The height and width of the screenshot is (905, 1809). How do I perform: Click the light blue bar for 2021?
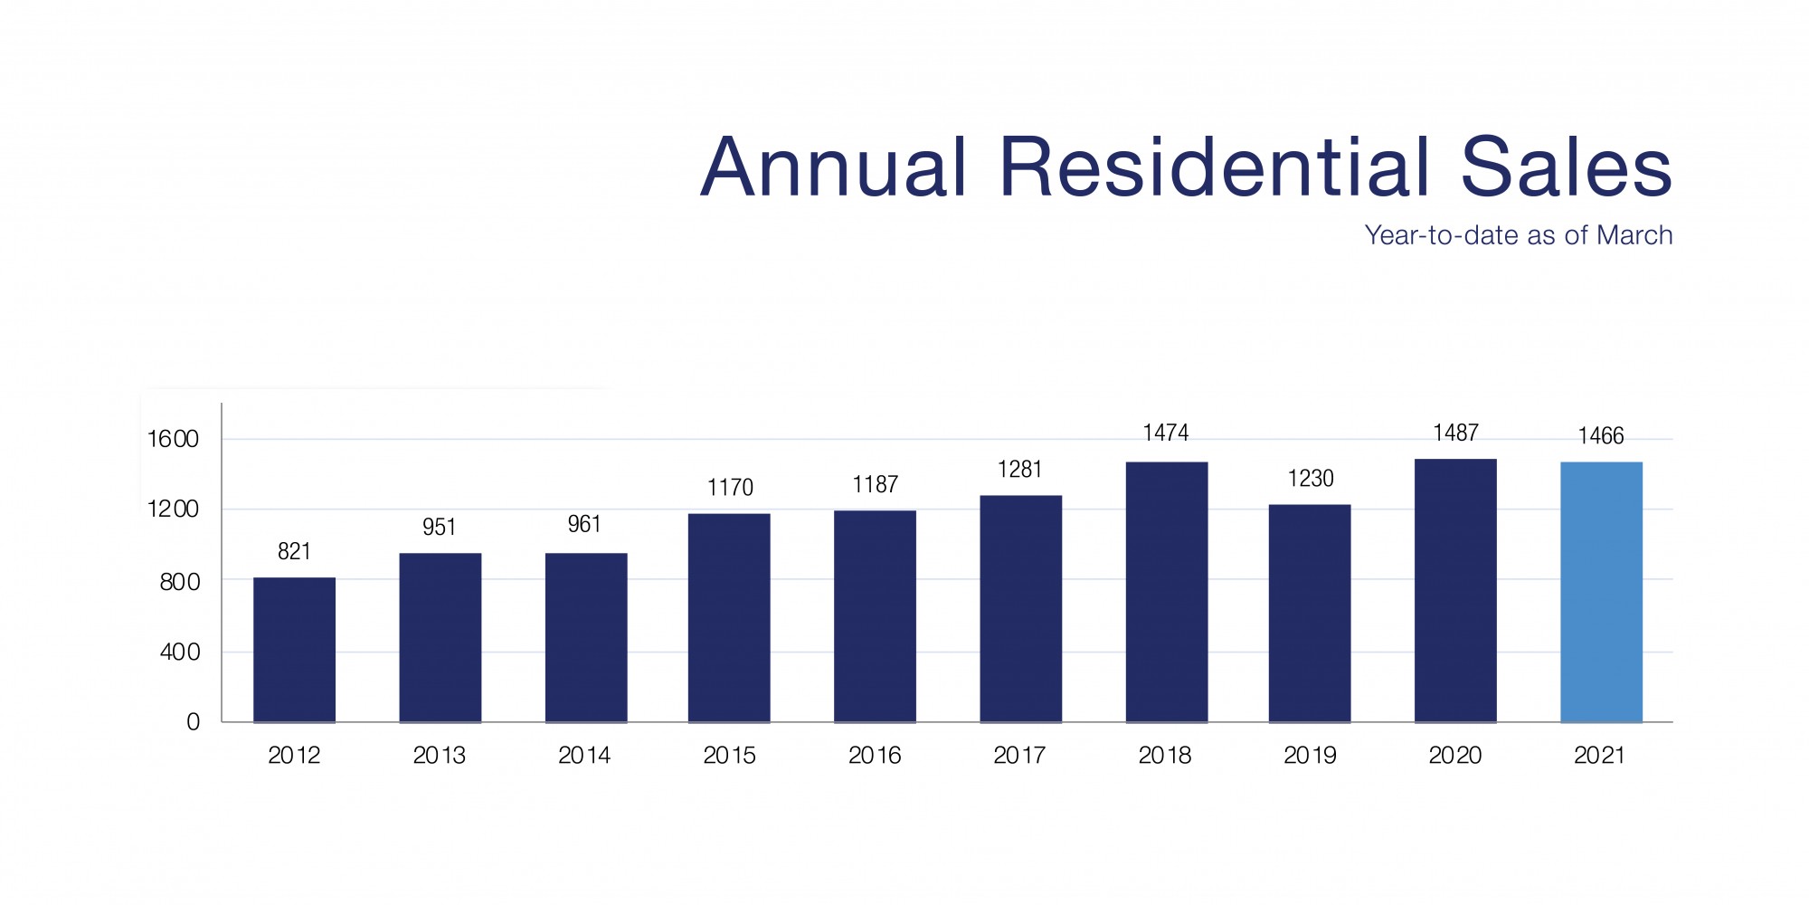(1601, 592)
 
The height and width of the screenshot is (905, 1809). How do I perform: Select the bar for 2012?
(294, 650)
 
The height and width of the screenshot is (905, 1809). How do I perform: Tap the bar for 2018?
(1166, 592)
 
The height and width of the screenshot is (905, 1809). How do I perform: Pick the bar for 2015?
(729, 617)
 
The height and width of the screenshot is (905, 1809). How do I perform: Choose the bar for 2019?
(1310, 613)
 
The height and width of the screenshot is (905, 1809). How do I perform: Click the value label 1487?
(1455, 433)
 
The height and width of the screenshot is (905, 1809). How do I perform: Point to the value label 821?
(294, 552)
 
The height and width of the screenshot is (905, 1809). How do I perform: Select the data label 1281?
(1019, 470)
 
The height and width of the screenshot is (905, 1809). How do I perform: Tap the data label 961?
(584, 525)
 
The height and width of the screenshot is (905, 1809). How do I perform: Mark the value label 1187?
(875, 485)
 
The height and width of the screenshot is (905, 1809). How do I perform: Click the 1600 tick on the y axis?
(173, 440)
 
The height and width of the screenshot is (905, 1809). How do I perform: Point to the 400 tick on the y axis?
(180, 653)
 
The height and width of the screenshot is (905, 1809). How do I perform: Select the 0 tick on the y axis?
(193, 722)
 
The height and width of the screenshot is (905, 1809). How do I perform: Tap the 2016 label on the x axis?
(875, 756)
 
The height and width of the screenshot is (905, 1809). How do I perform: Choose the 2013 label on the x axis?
(439, 756)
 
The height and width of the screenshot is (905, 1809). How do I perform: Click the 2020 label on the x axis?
(1455, 756)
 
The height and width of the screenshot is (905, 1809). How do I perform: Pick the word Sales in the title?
(1566, 167)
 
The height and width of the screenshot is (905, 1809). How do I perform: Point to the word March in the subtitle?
(1634, 235)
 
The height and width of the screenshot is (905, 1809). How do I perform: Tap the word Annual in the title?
(834, 167)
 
